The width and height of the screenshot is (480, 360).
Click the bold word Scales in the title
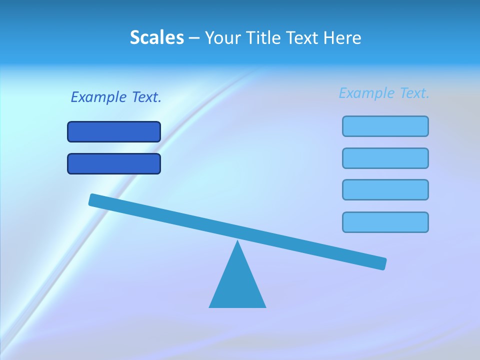[157, 37]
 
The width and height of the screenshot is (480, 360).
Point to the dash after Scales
[194, 38]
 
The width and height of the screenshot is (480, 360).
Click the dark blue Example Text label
[116, 97]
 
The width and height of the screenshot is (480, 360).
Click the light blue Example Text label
[384, 93]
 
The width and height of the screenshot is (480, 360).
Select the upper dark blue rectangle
[114, 131]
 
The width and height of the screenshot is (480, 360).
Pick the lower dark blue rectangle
[114, 163]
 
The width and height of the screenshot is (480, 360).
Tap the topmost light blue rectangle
[385, 126]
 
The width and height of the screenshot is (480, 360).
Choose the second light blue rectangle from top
[385, 158]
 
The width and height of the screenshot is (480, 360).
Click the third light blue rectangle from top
[385, 189]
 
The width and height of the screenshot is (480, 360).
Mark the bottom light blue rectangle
[385, 222]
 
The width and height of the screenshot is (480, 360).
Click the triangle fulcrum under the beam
[237, 285]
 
